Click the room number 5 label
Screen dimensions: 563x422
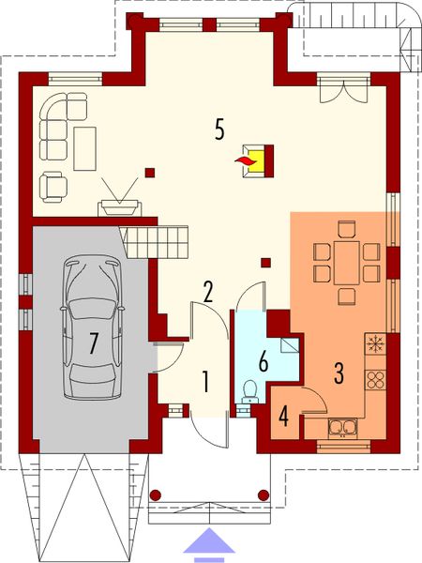[x=219, y=129]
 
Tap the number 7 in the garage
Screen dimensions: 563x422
[x=94, y=343]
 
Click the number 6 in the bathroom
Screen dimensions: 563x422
[x=263, y=360]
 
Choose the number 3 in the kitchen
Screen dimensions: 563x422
[x=339, y=371]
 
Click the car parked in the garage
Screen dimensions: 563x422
[x=91, y=325]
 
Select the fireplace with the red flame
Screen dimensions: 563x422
[x=255, y=160]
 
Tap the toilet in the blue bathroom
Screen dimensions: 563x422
[x=248, y=391]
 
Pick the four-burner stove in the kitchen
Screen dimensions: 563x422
[x=375, y=379]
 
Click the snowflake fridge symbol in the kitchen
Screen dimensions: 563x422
[x=375, y=343]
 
